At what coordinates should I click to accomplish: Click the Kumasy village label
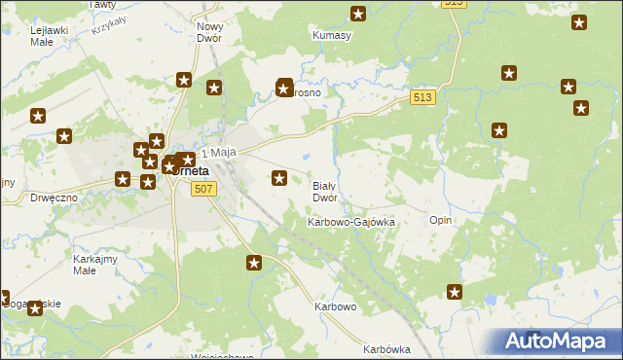(x=331, y=36)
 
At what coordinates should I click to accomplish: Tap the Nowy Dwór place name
(x=210, y=34)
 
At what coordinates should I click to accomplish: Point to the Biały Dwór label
(x=324, y=191)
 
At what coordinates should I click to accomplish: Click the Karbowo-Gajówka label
(x=351, y=222)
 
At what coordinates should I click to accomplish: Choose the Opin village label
(x=440, y=220)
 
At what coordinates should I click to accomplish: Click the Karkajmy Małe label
(x=95, y=266)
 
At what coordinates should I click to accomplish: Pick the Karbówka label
(x=386, y=349)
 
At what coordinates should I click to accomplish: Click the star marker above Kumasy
(x=358, y=14)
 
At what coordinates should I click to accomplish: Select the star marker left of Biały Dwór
(x=279, y=177)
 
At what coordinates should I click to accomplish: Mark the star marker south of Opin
(x=455, y=291)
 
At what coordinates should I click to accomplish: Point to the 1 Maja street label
(x=219, y=153)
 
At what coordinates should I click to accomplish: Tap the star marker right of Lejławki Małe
(x=184, y=80)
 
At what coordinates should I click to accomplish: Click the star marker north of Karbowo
(x=254, y=262)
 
